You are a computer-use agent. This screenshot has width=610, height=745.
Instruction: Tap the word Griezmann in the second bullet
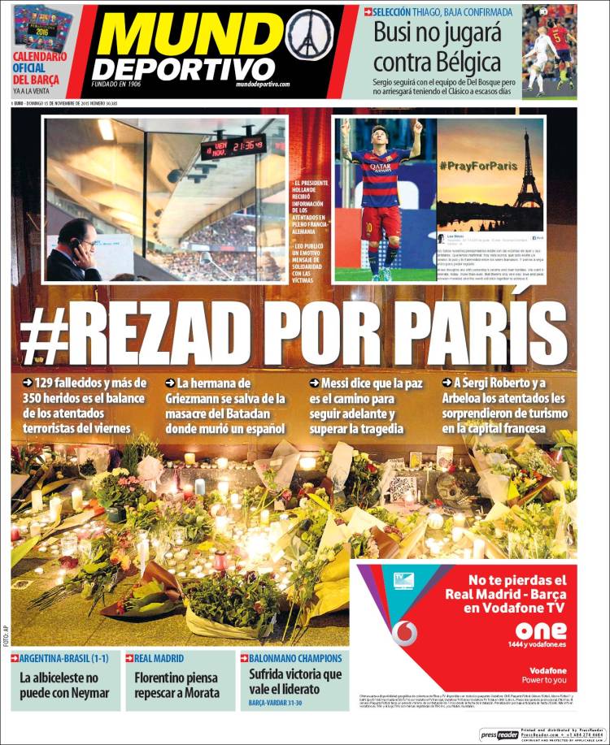199,398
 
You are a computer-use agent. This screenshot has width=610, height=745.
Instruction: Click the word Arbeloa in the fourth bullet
468,398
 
